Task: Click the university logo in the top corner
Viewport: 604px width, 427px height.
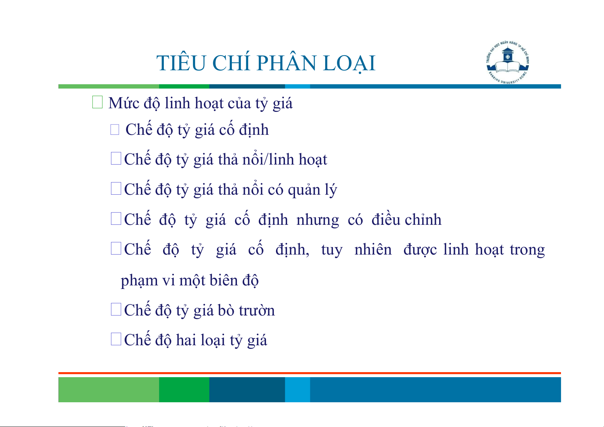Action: click(508, 62)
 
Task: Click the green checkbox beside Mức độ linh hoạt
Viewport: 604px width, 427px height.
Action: click(98, 102)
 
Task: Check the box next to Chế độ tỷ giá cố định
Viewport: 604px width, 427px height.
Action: click(115, 129)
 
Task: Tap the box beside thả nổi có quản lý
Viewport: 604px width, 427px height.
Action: click(116, 188)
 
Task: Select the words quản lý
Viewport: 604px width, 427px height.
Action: click(313, 190)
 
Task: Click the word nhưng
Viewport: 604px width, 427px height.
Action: click(318, 220)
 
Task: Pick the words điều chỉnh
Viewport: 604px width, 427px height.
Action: click(406, 219)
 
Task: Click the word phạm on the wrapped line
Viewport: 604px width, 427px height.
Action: click(139, 280)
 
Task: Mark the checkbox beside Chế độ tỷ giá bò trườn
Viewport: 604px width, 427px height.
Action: click(116, 309)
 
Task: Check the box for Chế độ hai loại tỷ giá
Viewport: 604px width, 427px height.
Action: click(116, 339)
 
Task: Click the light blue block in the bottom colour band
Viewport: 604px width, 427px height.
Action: click(298, 389)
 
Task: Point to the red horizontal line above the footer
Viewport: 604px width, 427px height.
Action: click(310, 373)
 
